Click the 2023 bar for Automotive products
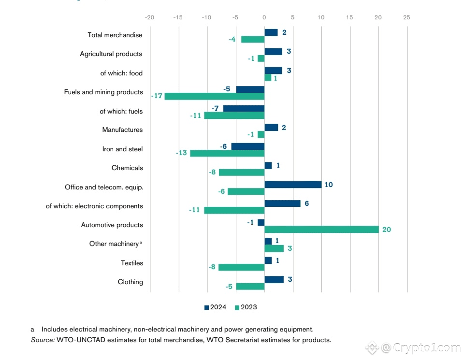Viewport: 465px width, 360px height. pyautogui.click(x=321, y=230)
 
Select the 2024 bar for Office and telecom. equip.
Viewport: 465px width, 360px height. pyautogui.click(x=293, y=185)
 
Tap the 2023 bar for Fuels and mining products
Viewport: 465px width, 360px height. pyautogui.click(x=215, y=96)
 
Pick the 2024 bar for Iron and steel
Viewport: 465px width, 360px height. pyautogui.click(x=248, y=146)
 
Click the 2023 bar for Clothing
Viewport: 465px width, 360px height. pyautogui.click(x=250, y=287)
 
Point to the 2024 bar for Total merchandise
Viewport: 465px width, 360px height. pyautogui.click(x=271, y=32)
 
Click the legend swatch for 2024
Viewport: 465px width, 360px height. pyautogui.click(x=207, y=307)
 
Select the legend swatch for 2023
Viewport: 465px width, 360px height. pyautogui.click(x=237, y=307)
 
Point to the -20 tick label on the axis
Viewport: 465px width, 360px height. pyautogui.click(x=150, y=17)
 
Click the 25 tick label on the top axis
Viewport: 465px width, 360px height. pyautogui.click(x=407, y=17)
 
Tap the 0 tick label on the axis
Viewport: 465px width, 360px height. pyautogui.click(x=264, y=17)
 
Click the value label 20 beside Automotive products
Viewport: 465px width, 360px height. pyautogui.click(x=387, y=230)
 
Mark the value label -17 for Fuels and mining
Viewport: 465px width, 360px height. pyautogui.click(x=156, y=96)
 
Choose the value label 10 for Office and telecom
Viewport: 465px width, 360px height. pyautogui.click(x=329, y=185)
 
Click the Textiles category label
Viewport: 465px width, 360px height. pyautogui.click(x=132, y=263)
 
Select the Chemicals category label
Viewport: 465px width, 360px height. pyautogui.click(x=127, y=168)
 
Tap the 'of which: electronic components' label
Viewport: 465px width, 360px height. pyautogui.click(x=95, y=206)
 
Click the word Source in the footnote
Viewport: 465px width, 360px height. pyautogui.click(x=42, y=340)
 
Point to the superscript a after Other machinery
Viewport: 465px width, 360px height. pyautogui.click(x=141, y=243)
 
